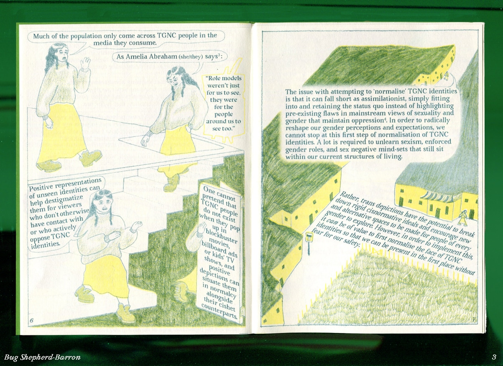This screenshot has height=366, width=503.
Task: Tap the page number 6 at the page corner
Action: (x=32, y=320)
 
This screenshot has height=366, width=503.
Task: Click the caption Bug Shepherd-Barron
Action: (x=42, y=357)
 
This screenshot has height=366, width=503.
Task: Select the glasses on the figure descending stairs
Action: (x=174, y=78)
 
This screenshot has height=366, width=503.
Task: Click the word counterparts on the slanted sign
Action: (x=219, y=312)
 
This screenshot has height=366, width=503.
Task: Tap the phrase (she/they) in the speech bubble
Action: (x=190, y=57)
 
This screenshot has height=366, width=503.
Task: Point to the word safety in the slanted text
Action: (x=352, y=242)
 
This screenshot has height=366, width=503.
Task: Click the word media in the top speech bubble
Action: (x=101, y=43)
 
